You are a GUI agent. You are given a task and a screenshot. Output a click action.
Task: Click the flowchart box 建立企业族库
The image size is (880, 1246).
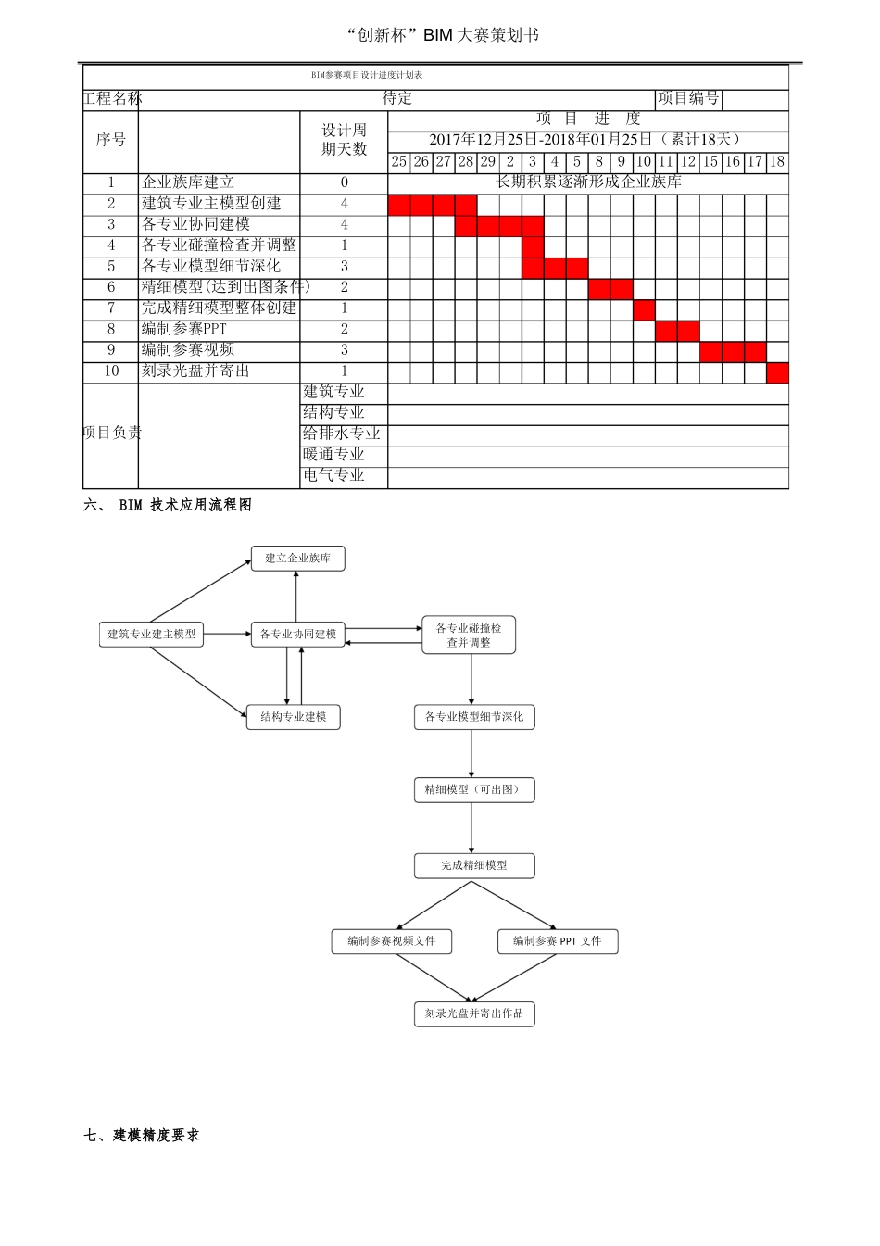(297, 558)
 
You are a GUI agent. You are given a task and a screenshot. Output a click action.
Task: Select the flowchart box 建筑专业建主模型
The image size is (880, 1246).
(151, 635)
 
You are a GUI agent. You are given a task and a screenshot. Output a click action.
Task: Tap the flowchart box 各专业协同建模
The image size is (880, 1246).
(297, 635)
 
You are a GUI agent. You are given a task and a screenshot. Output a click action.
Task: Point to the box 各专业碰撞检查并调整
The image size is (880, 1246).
(469, 635)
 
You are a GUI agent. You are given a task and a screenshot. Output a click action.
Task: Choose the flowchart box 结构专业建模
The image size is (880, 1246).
(293, 716)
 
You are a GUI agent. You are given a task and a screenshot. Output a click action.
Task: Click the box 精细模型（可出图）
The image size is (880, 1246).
(474, 790)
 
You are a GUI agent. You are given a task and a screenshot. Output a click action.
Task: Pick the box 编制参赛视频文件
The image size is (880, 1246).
(391, 941)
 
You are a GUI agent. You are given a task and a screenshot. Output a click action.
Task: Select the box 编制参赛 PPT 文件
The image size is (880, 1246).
(558, 941)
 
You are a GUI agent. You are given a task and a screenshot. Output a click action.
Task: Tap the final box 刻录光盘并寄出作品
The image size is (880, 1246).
(474, 1013)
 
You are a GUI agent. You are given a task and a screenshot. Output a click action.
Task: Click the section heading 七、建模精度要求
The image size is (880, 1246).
(142, 1135)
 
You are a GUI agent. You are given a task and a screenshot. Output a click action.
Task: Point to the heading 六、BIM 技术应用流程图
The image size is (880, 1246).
(168, 505)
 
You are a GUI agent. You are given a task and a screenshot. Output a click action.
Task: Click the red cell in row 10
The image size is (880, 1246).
(778, 373)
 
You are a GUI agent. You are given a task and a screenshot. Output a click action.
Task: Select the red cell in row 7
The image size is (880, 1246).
(644, 310)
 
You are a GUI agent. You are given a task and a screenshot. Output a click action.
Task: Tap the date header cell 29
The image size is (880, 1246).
(488, 162)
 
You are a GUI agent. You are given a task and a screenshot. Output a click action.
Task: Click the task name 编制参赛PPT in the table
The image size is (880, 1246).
(183, 329)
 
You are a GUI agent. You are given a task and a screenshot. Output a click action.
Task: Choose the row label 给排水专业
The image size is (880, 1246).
(341, 434)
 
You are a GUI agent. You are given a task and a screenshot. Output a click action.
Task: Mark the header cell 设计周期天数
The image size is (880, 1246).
(344, 140)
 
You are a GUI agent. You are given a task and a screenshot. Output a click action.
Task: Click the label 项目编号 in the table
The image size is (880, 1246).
(688, 98)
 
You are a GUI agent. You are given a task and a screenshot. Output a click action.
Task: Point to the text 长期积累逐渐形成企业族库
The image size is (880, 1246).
(588, 182)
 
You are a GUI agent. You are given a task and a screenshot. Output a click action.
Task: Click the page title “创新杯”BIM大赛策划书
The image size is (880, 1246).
(442, 35)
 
